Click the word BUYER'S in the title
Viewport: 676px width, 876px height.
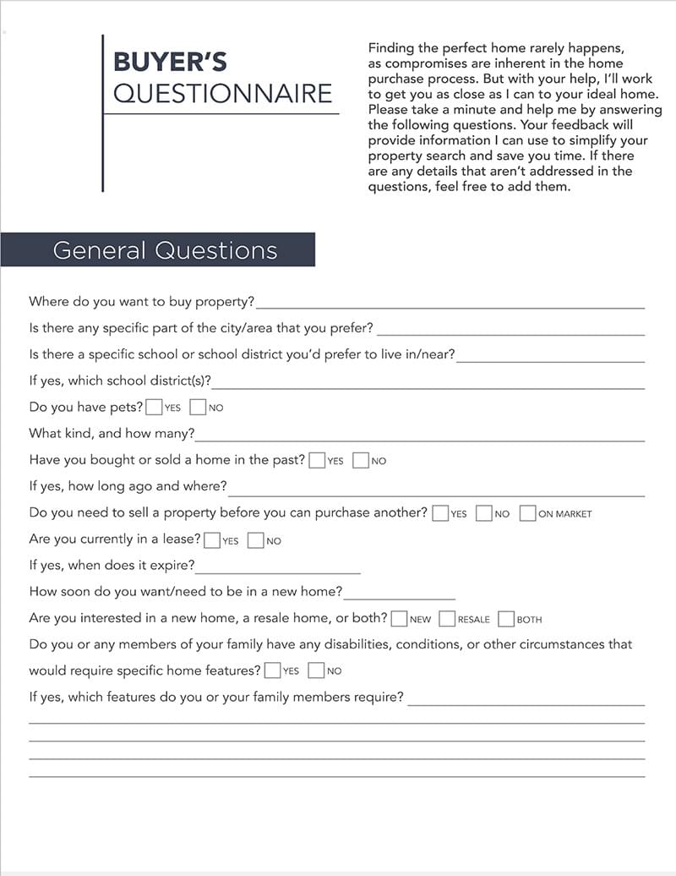pos(170,62)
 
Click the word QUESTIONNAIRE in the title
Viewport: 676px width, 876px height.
pos(222,93)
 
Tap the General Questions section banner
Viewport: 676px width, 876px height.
pos(165,250)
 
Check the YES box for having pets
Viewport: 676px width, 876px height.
pos(154,407)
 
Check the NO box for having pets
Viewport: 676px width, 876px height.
pos(199,407)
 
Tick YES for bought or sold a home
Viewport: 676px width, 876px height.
pos(317,460)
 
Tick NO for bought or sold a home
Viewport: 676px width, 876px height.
pos(361,460)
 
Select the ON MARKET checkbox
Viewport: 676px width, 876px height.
pos(528,512)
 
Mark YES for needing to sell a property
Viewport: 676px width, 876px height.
pos(440,512)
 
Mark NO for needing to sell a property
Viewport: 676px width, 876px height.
pos(484,512)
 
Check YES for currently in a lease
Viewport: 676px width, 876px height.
pos(212,539)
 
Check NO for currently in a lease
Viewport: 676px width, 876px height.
pos(256,539)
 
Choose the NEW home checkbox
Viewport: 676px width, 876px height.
pos(400,618)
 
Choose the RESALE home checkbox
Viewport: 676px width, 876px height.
pos(448,618)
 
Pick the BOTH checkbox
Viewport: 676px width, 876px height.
pos(507,618)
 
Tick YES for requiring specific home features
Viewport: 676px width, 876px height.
pos(272,671)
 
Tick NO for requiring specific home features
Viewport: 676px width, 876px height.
pos(317,671)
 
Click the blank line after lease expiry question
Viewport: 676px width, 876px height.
pos(278,568)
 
